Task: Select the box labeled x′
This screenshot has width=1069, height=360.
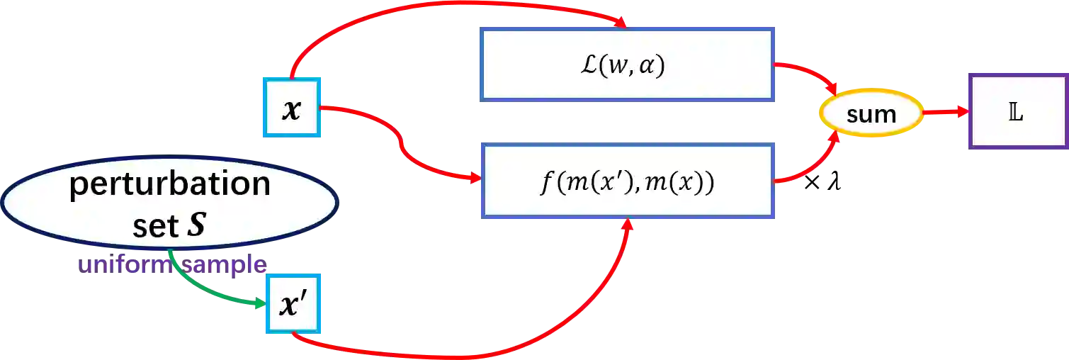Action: [293, 304]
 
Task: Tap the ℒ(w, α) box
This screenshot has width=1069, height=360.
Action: [626, 66]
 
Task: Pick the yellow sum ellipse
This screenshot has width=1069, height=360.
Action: [871, 113]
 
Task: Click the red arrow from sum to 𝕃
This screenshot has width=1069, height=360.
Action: [946, 112]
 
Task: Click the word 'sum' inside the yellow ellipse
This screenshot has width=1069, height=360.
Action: [871, 113]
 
